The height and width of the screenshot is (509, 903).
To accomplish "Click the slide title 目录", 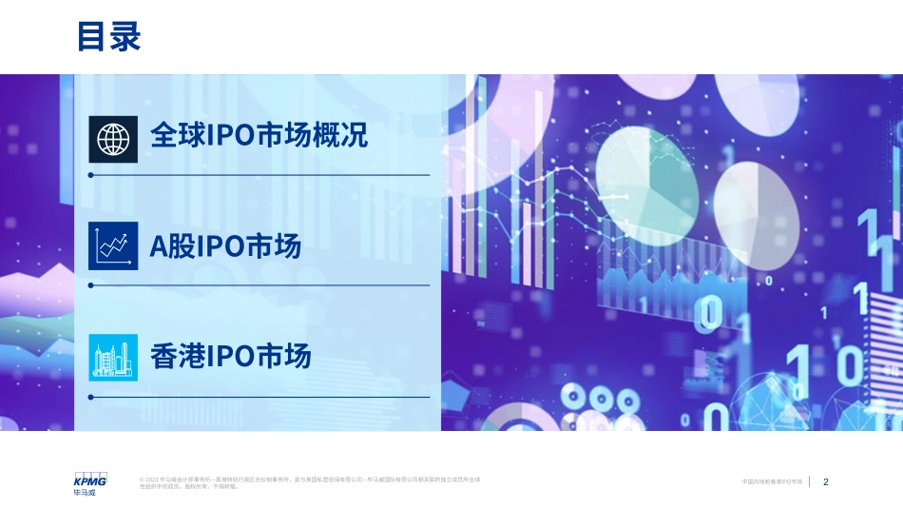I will [x=109, y=37].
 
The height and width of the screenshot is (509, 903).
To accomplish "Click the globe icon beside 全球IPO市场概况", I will [x=113, y=138].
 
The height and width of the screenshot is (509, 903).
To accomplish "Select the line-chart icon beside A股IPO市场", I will [x=113, y=246].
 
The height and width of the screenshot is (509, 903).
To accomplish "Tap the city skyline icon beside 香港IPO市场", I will [x=113, y=357].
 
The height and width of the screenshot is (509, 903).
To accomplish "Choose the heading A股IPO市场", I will [x=225, y=246].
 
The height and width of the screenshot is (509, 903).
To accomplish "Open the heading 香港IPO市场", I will [x=231, y=357].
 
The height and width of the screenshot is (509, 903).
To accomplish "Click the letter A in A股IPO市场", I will [x=158, y=247].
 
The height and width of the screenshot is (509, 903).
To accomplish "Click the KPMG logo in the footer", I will [x=90, y=480].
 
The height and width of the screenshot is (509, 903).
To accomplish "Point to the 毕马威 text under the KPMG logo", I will [x=84, y=493].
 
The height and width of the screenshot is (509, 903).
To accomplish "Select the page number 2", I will [x=826, y=482].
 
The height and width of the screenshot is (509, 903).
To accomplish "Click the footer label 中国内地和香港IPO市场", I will [x=772, y=482].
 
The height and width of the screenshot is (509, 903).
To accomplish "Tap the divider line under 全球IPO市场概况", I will [x=259, y=175].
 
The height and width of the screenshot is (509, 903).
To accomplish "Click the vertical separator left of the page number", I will [x=810, y=482].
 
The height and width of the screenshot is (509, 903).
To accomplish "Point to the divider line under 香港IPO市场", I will [x=259, y=397].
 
